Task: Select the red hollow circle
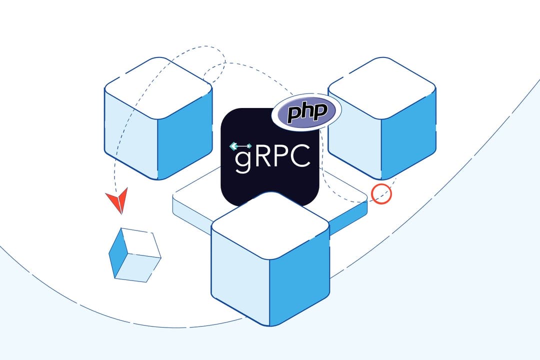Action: (x=381, y=193)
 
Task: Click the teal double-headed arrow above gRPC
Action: (x=240, y=146)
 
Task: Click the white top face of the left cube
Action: (x=158, y=88)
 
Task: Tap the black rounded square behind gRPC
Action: (x=270, y=185)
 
